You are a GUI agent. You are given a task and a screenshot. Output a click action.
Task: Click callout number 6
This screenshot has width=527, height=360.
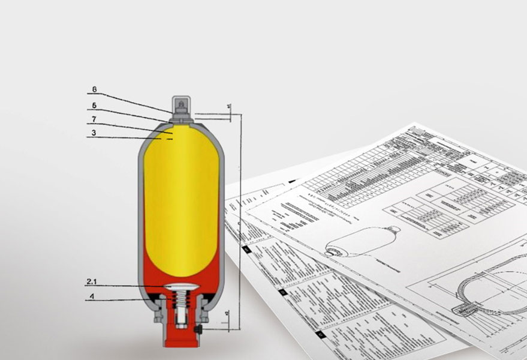(94, 89)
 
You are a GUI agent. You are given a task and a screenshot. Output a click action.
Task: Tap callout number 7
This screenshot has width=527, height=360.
(94, 119)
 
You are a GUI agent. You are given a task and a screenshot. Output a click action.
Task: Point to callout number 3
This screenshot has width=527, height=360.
(94, 133)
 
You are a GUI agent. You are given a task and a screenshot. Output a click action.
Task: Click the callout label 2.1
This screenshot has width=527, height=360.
(92, 281)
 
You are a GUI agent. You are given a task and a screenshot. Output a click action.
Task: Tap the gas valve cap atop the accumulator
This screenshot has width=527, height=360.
(180, 105)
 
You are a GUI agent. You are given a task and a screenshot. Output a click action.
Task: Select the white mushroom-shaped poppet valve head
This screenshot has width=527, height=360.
(181, 289)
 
